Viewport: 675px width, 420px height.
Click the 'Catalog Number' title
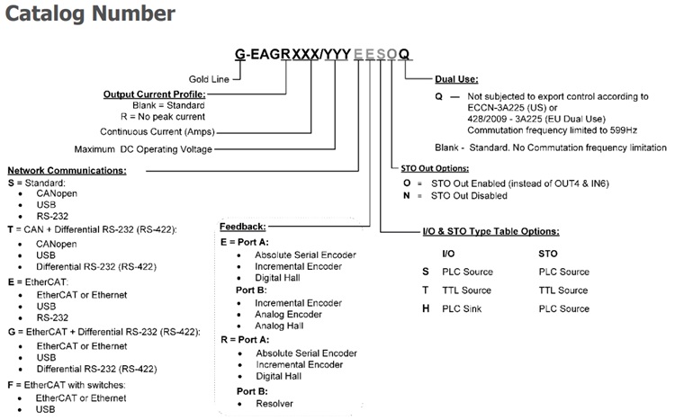coord(90,13)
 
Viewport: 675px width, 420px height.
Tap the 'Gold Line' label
coord(209,79)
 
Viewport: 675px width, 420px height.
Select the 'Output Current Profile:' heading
coord(155,94)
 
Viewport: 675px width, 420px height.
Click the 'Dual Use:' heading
coord(456,79)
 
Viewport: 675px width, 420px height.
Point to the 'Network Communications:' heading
coord(67,170)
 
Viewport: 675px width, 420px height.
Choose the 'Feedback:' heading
coord(243,227)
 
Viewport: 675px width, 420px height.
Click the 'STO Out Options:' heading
coord(435,168)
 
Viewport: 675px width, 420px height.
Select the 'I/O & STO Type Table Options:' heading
coord(491,231)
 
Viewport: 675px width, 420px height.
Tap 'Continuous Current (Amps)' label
coord(157,131)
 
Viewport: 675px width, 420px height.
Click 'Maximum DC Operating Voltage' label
coord(143,149)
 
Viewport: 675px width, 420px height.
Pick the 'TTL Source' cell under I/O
coord(466,290)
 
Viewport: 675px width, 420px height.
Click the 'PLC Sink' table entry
coord(462,309)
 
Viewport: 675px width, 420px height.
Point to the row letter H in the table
coord(426,308)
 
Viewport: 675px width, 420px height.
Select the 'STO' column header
coord(548,254)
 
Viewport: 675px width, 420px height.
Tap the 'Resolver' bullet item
coord(274,404)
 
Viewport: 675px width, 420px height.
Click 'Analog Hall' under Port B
coord(279,326)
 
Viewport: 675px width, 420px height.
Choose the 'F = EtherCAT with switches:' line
coord(67,385)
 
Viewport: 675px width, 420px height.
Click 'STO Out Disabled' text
coord(469,196)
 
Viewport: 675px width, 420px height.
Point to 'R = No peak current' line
coord(163,117)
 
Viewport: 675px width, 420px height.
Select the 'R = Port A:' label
coord(245,340)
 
